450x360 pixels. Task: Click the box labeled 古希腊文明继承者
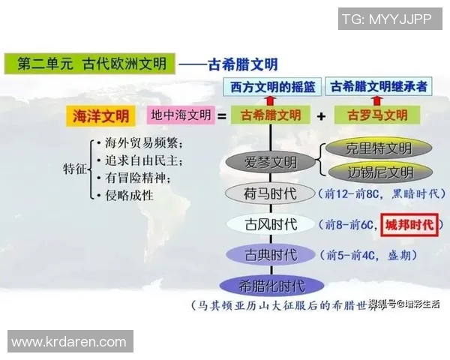(x=379, y=87)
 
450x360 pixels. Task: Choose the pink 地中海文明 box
(x=181, y=116)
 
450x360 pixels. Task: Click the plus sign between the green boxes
(x=321, y=116)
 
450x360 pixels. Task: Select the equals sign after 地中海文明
(x=222, y=116)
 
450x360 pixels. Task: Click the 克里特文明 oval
(x=370, y=147)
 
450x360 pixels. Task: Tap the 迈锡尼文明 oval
(x=370, y=172)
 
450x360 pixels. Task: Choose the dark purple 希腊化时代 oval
(x=271, y=285)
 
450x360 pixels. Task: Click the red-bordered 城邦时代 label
(x=409, y=224)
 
